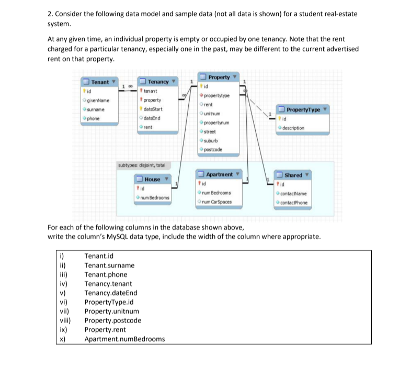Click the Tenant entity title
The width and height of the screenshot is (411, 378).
[100, 82]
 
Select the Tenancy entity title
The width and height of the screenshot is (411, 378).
[158, 82]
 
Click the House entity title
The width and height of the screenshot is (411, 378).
[152, 179]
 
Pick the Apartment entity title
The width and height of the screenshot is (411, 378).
[220, 174]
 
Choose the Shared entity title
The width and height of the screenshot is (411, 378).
[293, 175]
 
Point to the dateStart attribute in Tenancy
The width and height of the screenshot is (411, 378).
[153, 109]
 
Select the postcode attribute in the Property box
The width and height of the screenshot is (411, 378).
[212, 150]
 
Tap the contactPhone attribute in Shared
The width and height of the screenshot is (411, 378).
[294, 203]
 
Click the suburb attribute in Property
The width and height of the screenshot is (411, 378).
[211, 141]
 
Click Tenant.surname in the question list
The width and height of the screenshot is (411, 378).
[109, 265]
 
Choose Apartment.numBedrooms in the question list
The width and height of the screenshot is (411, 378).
[124, 339]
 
